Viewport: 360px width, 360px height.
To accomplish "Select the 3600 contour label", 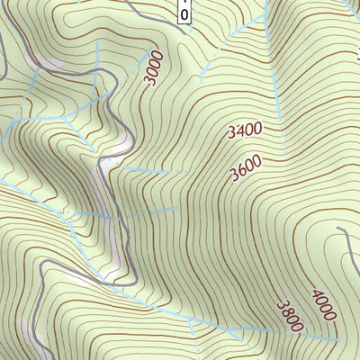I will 245,166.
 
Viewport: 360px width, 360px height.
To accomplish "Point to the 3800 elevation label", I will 289,315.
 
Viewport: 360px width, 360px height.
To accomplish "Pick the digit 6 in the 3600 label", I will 240,170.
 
